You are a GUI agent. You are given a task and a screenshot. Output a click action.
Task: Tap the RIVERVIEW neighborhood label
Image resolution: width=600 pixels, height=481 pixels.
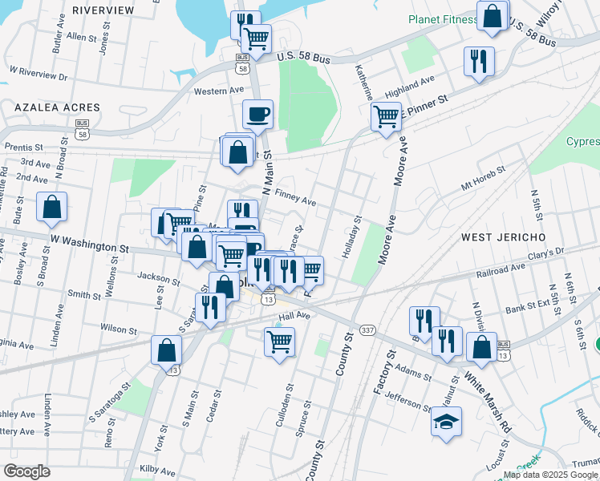[103, 10]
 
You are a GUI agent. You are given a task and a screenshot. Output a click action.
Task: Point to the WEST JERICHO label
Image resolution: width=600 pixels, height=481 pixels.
[503, 237]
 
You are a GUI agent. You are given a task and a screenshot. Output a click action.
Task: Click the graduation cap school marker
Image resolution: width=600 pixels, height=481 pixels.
[446, 421]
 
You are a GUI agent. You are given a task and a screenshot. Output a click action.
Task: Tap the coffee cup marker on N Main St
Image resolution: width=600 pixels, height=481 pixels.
[257, 115]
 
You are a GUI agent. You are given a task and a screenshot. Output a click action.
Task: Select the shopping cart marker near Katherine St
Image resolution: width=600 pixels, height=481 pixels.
[386, 116]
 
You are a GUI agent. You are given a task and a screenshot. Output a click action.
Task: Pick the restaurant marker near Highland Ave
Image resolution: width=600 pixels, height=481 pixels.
[479, 61]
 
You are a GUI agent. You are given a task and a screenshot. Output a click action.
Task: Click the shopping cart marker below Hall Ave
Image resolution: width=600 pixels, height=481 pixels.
[279, 341]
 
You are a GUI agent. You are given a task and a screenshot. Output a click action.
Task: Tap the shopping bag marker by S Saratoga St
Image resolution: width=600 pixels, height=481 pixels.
[166, 350]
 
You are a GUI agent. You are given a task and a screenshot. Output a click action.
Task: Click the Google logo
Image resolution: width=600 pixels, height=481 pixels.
[26, 471]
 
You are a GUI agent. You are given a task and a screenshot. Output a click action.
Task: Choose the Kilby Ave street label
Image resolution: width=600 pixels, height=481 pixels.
[157, 468]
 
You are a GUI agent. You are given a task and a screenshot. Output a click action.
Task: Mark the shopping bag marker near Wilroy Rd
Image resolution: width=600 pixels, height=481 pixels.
[493, 15]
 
